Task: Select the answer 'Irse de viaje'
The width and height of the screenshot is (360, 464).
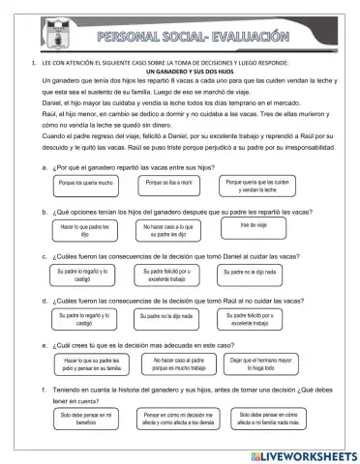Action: [x=254, y=225]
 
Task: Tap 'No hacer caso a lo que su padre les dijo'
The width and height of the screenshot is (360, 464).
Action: [x=175, y=230]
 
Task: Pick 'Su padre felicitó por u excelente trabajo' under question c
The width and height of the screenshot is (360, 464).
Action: [x=174, y=275]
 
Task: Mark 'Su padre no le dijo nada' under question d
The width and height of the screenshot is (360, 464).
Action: [x=171, y=316]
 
